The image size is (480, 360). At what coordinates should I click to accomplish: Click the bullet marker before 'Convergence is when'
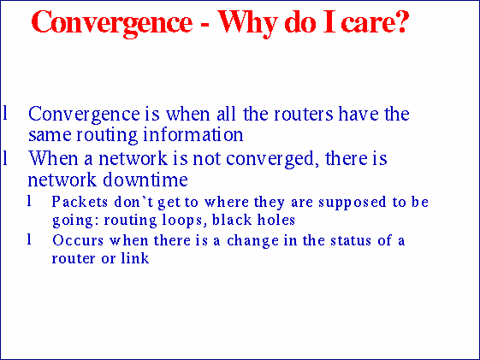[6, 114]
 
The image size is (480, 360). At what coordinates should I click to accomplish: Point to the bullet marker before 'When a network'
[6, 159]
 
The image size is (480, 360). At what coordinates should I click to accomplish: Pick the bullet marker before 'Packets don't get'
[30, 203]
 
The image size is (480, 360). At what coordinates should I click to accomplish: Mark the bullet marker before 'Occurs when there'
[30, 240]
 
